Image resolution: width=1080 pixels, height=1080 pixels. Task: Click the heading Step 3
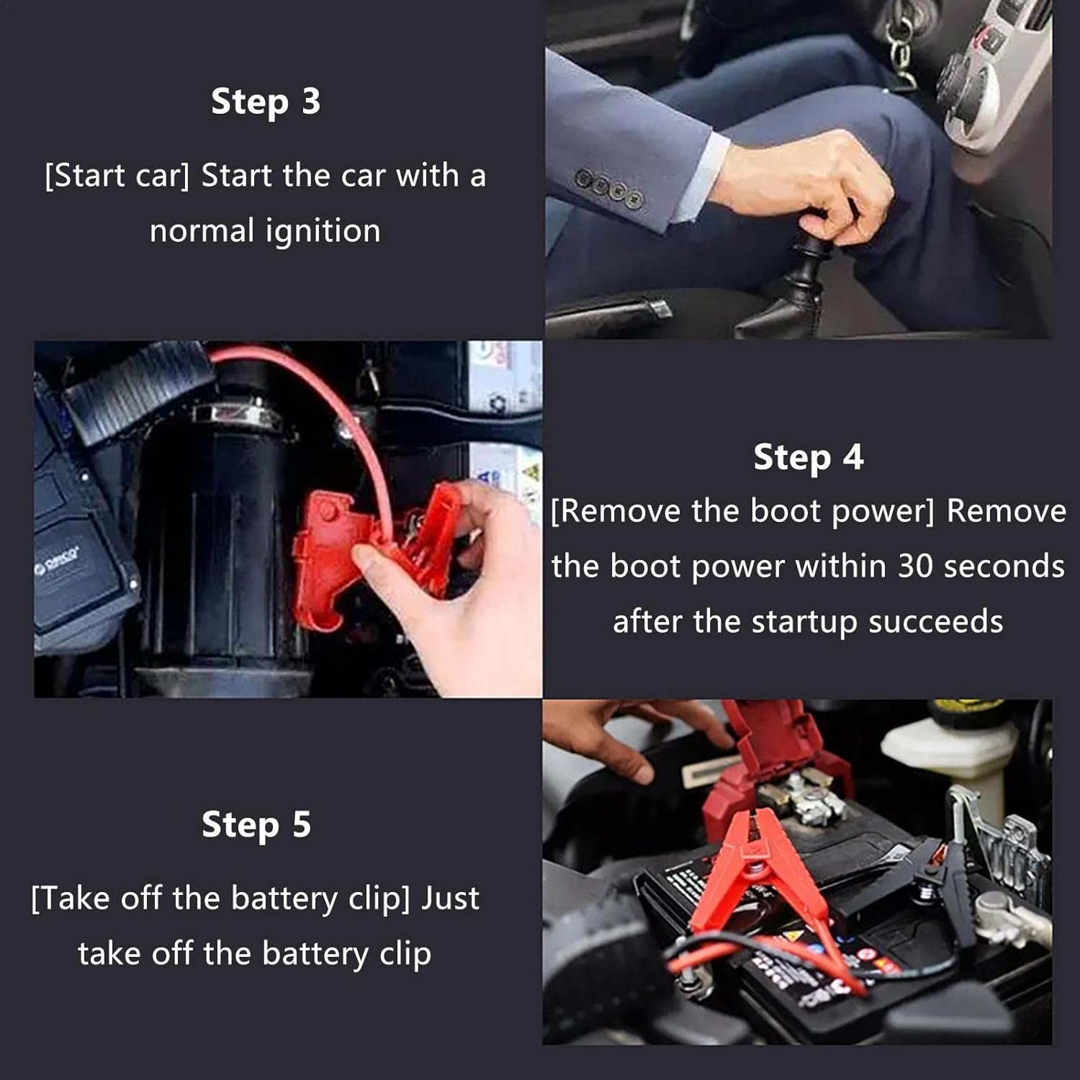tap(265, 102)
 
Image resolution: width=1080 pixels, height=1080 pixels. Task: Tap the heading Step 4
tap(808, 457)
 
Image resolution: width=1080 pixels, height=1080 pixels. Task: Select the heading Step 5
tap(256, 824)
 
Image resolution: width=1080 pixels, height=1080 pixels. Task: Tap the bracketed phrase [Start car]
tap(117, 176)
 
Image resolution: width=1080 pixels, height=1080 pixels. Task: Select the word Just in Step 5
tap(450, 899)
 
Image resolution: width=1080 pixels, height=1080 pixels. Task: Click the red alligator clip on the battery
tap(749, 878)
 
